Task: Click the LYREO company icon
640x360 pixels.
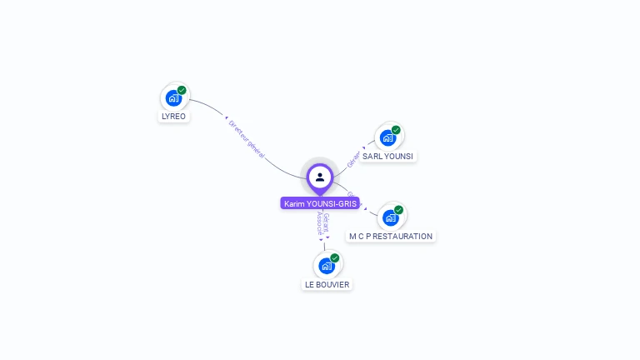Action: click(173, 97)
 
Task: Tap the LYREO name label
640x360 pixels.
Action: click(173, 117)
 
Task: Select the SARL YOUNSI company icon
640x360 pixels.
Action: click(387, 137)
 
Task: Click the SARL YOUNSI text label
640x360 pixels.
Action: click(387, 157)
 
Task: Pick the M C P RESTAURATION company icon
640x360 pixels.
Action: click(390, 217)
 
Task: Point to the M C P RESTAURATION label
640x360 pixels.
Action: click(390, 237)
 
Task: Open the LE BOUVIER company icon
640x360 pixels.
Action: click(327, 266)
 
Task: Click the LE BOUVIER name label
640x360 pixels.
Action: click(327, 285)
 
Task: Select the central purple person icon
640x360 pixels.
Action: click(320, 177)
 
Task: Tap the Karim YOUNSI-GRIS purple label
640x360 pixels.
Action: click(320, 204)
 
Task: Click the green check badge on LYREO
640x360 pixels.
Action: click(182, 90)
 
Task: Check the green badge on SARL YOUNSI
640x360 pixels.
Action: click(396, 130)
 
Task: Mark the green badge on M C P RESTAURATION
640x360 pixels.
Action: click(398, 210)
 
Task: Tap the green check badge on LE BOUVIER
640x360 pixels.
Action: click(335, 258)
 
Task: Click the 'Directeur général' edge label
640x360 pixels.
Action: click(247, 138)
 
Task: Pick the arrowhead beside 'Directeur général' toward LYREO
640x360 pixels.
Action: click(226, 118)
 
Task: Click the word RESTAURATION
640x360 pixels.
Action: click(404, 237)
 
